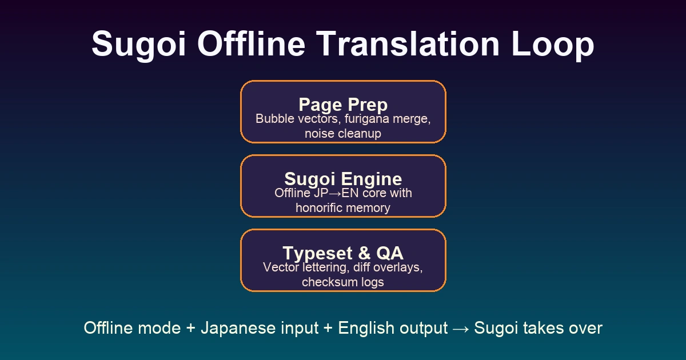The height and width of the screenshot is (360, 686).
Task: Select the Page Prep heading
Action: click(343, 105)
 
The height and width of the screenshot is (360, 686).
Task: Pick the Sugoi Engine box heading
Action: click(343, 179)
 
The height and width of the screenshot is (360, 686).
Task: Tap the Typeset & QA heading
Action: click(343, 253)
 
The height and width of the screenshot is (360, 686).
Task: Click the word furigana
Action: click(366, 119)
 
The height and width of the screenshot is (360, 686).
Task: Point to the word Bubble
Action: click(273, 119)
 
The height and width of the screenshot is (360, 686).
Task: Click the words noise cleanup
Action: click(343, 134)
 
